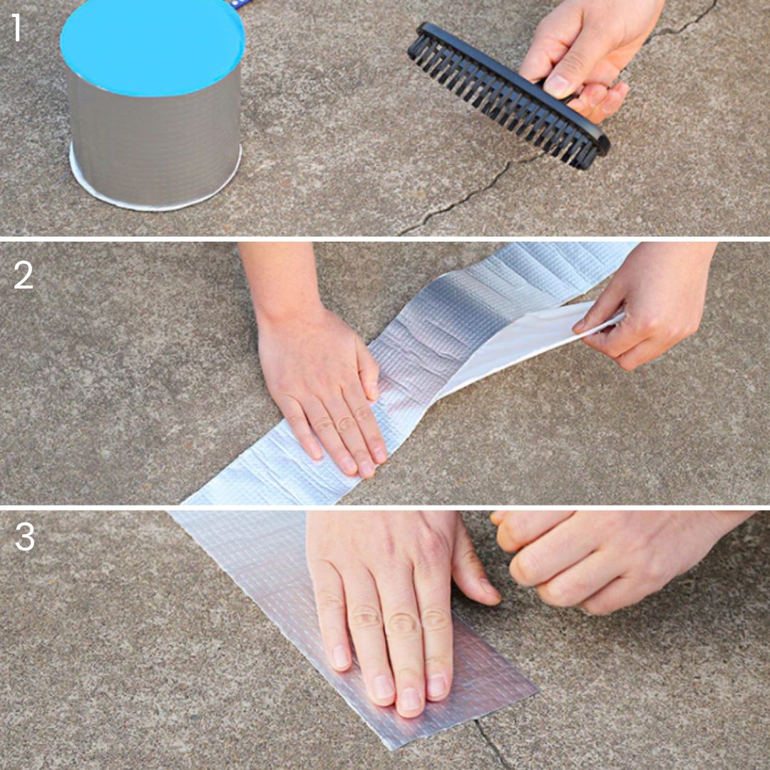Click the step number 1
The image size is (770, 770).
tap(16, 28)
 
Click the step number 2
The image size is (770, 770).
tap(23, 275)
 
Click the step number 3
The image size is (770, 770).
tap(24, 537)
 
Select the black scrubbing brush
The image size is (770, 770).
tap(508, 95)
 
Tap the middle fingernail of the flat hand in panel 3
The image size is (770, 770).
tap(409, 699)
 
